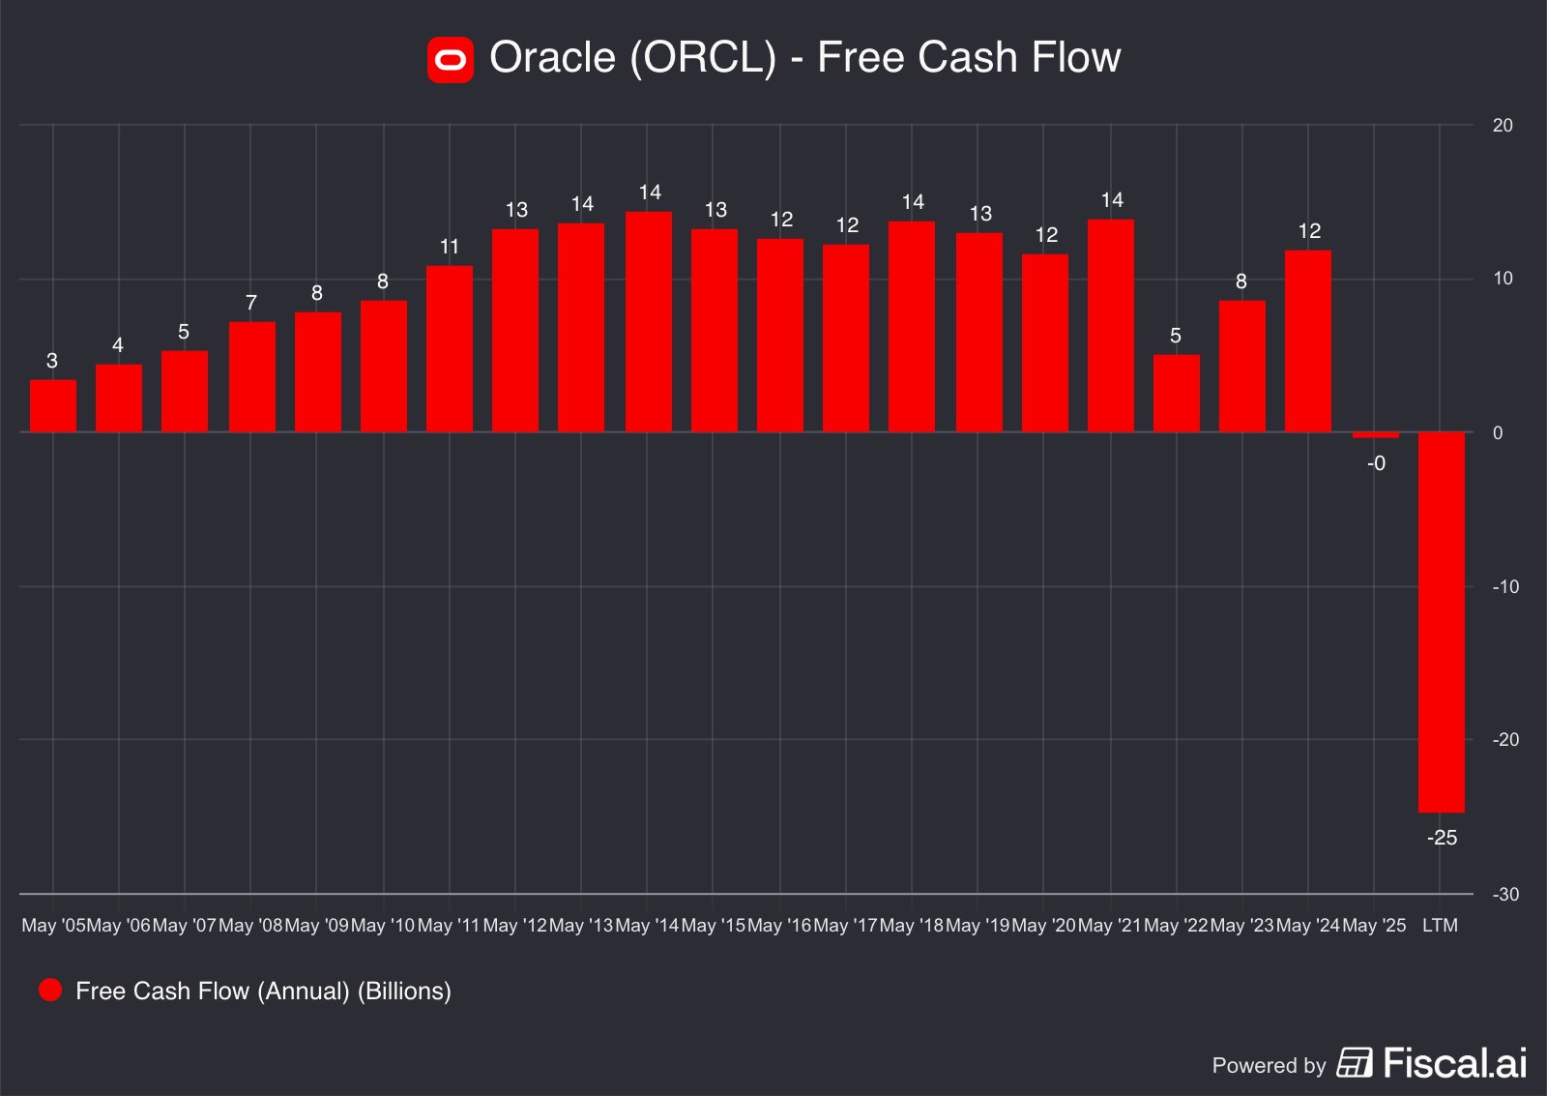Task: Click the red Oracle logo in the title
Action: [450, 60]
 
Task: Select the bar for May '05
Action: [53, 405]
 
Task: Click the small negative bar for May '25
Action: [1375, 435]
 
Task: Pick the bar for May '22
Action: [1177, 393]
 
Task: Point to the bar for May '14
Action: [649, 321]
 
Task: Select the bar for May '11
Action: [450, 348]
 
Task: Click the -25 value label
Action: [1442, 838]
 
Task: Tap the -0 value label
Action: [1376, 463]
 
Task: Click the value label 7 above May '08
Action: [251, 303]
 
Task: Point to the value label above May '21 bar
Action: [1112, 200]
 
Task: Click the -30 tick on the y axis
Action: [1505, 894]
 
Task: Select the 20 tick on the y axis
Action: [1503, 125]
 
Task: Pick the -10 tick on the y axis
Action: [1505, 586]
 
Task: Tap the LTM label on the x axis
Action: [1440, 926]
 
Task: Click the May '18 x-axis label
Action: [911, 926]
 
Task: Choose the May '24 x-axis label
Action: [1307, 926]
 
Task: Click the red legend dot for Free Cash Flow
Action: [50, 990]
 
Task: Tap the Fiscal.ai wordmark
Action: [1455, 1063]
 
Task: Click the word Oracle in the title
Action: [552, 58]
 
